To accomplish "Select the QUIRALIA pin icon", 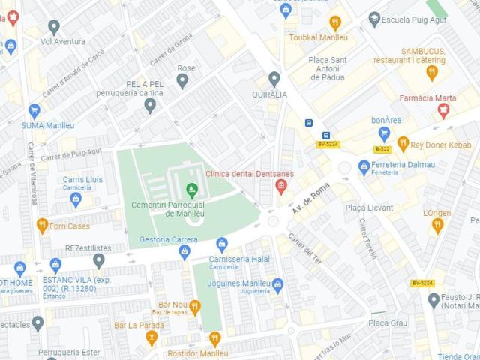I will pyautogui.click(x=274, y=78).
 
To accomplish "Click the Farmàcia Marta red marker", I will pyautogui.click(x=443, y=112).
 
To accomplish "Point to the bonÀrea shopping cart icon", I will pyautogui.click(x=385, y=134).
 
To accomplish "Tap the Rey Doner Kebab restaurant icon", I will pyautogui.click(x=403, y=143).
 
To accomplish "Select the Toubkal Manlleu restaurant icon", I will pyautogui.click(x=335, y=22).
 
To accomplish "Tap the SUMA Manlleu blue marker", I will pyautogui.click(x=34, y=110).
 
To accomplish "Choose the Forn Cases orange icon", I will pyautogui.click(x=43, y=225).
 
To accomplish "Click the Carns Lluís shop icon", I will pyautogui.click(x=75, y=199).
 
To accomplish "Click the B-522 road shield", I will pyautogui.click(x=382, y=149).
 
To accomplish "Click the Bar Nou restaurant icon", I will pyautogui.click(x=194, y=305).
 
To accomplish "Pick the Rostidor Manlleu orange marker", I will pyautogui.click(x=214, y=338).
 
